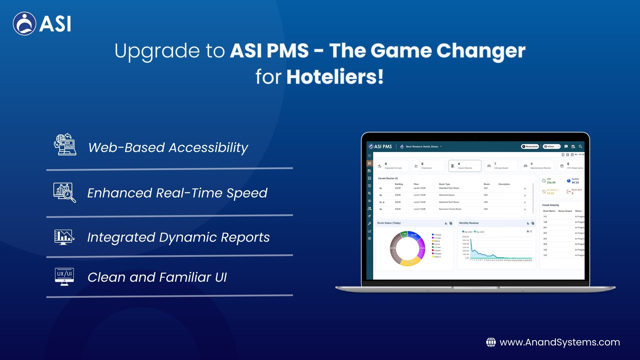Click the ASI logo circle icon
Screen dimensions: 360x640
tap(24, 24)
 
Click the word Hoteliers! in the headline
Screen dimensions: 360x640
tap(335, 77)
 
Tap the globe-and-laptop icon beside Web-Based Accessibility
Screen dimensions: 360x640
tap(65, 145)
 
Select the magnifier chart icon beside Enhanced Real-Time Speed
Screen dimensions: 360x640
tap(65, 192)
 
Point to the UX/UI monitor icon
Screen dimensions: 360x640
tap(64, 276)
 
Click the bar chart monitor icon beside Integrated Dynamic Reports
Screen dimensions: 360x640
tap(64, 237)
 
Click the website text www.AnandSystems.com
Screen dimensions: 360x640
tap(559, 342)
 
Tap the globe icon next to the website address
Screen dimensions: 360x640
tap(491, 342)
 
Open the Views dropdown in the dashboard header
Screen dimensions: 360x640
tap(551, 147)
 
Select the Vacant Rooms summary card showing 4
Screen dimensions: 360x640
tap(465, 166)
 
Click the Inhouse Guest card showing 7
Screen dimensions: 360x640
tap(501, 166)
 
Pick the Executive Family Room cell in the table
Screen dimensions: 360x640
tap(450, 209)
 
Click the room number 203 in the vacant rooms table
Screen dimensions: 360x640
tap(486, 188)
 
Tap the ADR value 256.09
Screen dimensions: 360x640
tap(551, 183)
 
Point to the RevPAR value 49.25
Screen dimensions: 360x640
tap(575, 183)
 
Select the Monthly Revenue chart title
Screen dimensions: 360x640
tap(469, 223)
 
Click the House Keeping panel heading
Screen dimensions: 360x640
tap(550, 205)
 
